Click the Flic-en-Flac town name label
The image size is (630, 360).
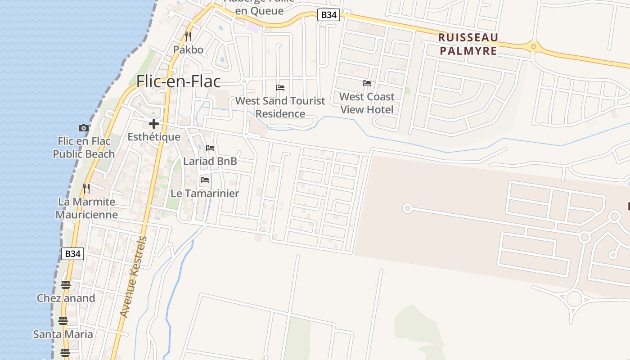tap(179, 81)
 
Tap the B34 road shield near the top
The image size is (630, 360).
tap(328, 15)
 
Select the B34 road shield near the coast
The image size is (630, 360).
tap(72, 254)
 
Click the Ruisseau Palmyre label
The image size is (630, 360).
tap(468, 44)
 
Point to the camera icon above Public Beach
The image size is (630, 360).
tap(83, 128)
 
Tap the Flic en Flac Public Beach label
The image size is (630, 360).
tap(84, 148)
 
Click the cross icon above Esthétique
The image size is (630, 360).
tap(154, 124)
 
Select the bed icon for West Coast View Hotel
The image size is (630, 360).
tap(367, 83)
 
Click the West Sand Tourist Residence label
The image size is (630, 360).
tap(280, 107)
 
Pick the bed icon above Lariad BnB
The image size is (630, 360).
tap(210, 148)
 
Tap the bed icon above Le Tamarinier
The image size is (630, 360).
tap(205, 180)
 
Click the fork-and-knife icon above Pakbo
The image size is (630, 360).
tap(188, 36)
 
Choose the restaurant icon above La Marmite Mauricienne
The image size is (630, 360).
tap(86, 188)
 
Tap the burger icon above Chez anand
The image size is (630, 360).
tap(66, 284)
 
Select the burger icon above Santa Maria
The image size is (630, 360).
tap(63, 321)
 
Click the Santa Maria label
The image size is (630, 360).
tap(63, 334)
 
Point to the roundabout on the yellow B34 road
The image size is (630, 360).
tap(533, 46)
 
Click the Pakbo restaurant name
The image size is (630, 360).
tap(188, 49)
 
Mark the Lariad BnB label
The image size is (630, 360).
tap(210, 161)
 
